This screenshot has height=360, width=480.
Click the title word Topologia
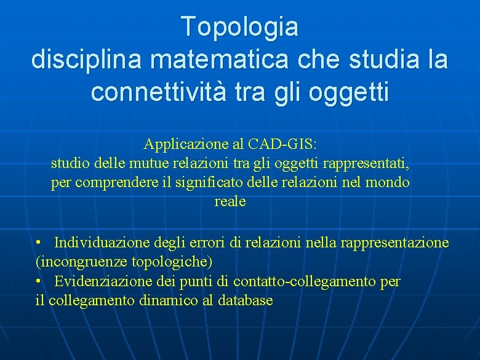point(239,27)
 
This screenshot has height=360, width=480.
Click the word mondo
point(388,183)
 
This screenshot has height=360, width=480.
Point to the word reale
point(230,202)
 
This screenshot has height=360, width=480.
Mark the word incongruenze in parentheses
point(82,262)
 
